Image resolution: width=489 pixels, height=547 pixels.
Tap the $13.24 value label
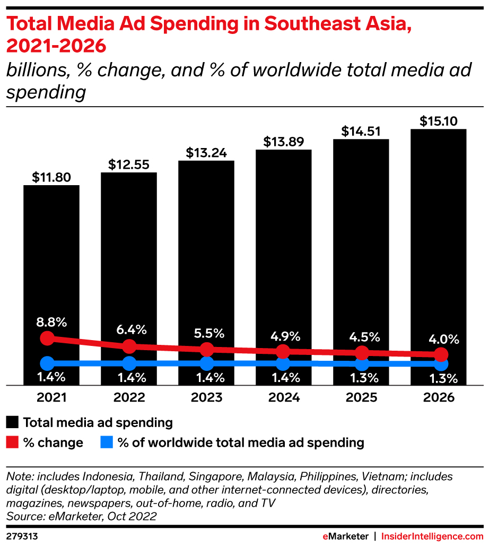pos(206,153)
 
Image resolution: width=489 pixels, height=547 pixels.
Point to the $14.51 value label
pos(361,131)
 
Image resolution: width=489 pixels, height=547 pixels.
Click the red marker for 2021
pos(47,338)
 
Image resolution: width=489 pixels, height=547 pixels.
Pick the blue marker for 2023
pos(206,364)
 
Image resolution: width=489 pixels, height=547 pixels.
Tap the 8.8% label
pos(51,322)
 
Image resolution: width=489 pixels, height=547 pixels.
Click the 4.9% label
pos(285,336)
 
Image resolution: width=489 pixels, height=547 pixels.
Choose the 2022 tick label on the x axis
pos(129,397)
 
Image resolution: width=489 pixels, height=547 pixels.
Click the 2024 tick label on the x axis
pos(284,397)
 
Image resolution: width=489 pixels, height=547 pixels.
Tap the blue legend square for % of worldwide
pos(106,442)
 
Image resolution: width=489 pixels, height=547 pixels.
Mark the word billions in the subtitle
pos(37,70)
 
